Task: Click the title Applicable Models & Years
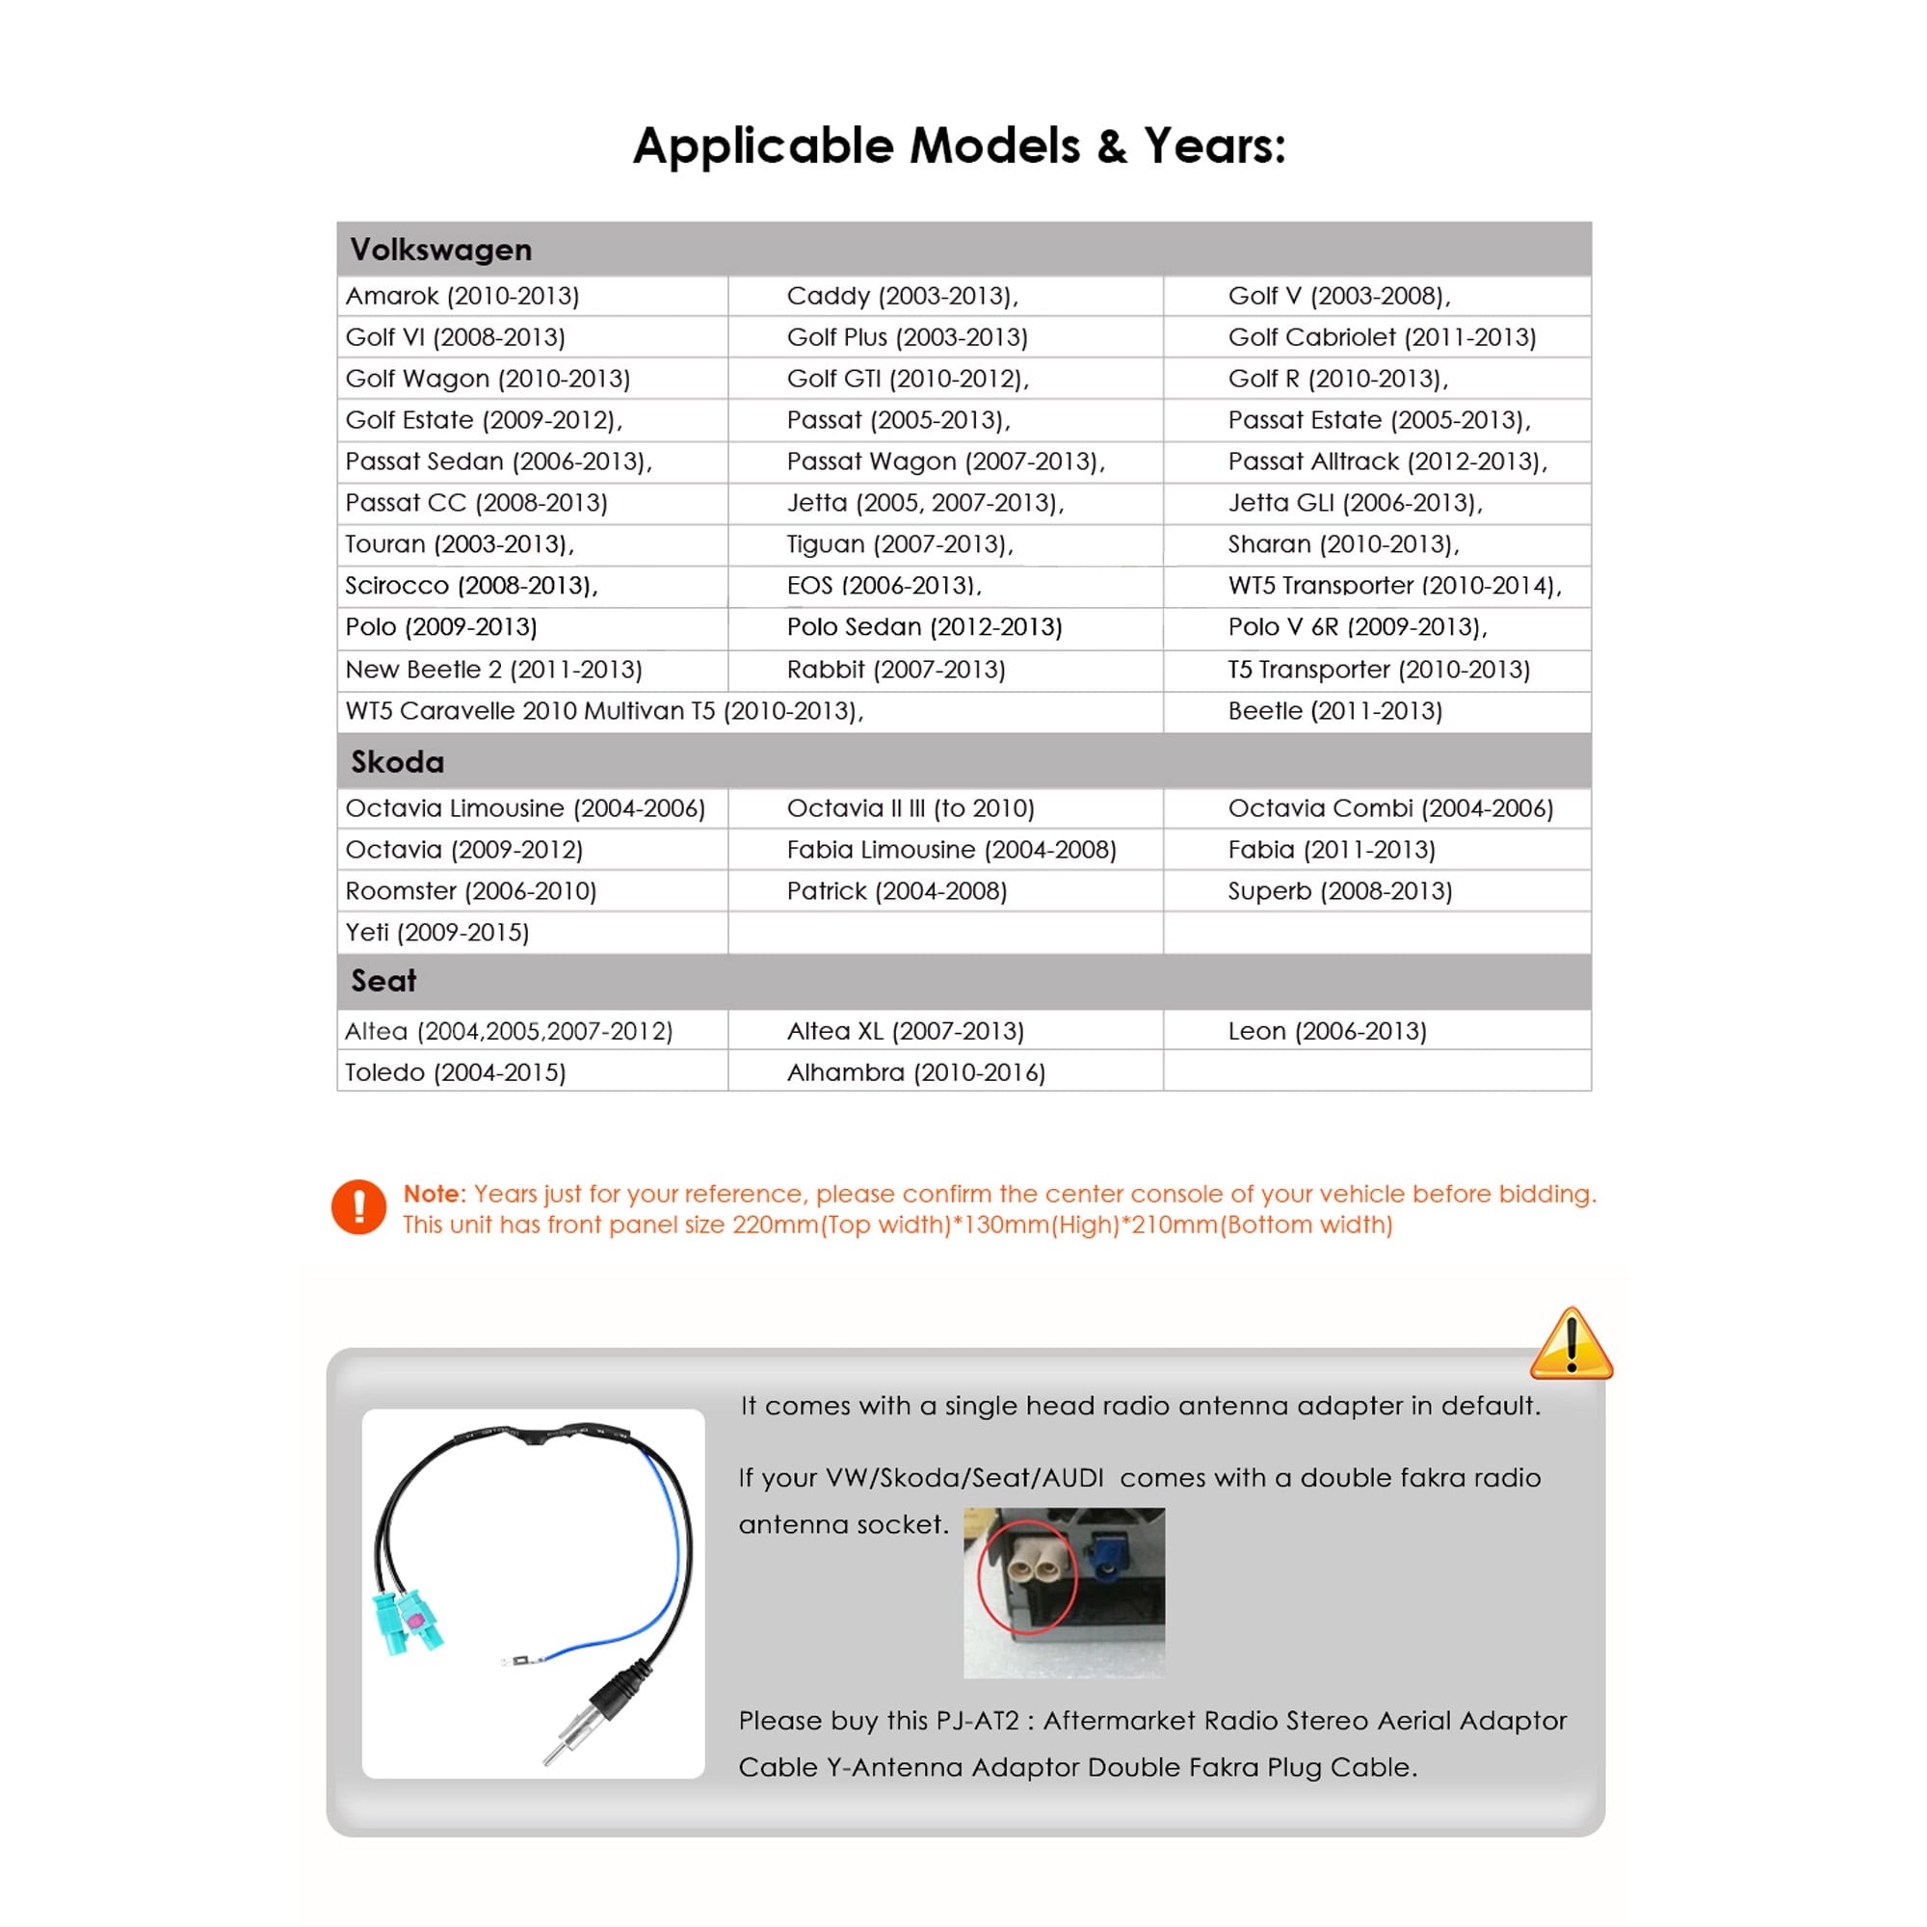pos(959,146)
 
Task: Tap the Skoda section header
pos(397,762)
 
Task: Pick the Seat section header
pos(383,981)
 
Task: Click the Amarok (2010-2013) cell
pos(462,296)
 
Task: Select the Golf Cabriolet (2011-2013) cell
pos(1382,337)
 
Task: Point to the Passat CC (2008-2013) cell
pos(476,503)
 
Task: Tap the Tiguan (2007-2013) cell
pos(899,544)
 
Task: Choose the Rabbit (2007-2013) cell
pos(895,670)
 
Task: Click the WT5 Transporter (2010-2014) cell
pos(1393,586)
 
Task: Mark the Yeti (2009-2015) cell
pos(436,933)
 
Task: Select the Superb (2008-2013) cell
pos(1338,890)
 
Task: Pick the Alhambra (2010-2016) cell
pos(914,1072)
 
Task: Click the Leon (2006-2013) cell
pos(1327,1031)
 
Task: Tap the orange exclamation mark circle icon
pos(359,1207)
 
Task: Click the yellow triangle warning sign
pos(1570,1345)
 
